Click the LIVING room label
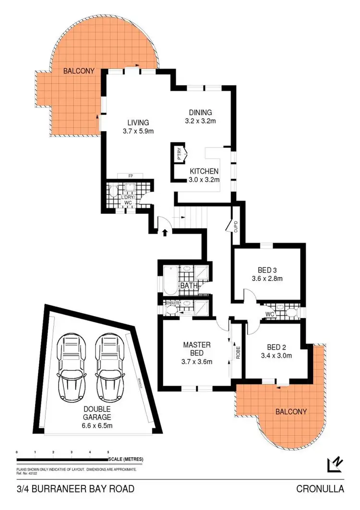point(138,122)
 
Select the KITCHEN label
point(204,171)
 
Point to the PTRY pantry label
point(180,155)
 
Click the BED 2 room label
point(276,347)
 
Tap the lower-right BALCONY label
point(290,412)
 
